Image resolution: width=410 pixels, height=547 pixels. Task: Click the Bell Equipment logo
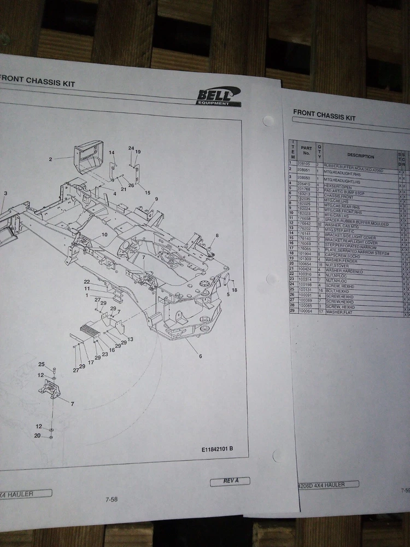219,97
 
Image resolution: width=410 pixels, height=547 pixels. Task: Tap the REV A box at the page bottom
230,481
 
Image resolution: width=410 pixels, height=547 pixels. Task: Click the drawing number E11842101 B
217,449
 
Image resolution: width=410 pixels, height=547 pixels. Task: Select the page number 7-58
112,499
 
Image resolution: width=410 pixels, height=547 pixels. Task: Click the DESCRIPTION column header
360,156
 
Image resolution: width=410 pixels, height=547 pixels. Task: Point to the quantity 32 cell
319,224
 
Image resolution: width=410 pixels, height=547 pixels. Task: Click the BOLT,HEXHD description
337,291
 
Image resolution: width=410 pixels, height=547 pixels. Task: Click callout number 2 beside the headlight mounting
50,159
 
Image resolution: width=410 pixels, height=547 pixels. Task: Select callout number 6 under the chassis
200,356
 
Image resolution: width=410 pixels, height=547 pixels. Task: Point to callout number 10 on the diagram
104,235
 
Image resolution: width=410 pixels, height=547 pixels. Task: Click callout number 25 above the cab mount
41,364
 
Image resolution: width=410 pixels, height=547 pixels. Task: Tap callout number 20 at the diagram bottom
37,436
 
